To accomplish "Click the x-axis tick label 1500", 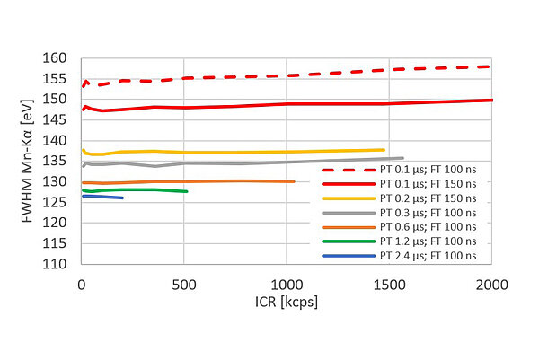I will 389,285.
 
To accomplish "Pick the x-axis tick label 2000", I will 491,285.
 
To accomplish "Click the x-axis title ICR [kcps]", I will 287,303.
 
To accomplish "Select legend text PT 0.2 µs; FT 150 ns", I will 430,197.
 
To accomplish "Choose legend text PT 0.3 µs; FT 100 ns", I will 430,212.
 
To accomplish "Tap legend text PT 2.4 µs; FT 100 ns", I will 430,256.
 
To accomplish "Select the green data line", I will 135,189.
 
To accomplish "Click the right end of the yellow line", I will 384,150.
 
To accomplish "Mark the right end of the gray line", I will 402,158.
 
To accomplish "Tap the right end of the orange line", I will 294,181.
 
